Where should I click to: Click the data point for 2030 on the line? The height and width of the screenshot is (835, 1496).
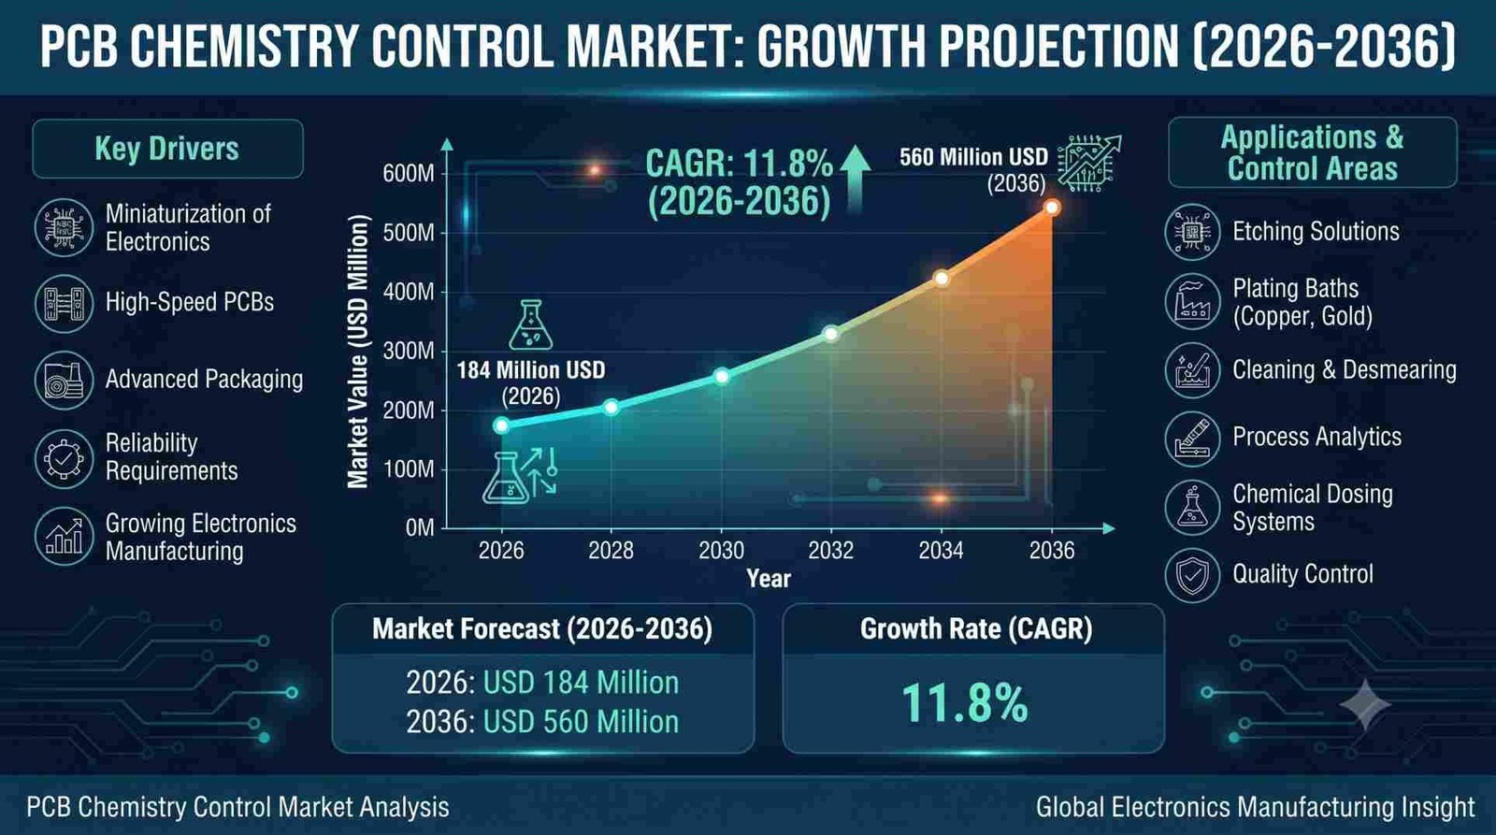(721, 376)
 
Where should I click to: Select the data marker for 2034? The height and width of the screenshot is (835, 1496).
(941, 278)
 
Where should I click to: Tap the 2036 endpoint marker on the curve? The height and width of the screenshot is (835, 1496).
(1052, 207)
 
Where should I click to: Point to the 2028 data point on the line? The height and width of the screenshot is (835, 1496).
(611, 407)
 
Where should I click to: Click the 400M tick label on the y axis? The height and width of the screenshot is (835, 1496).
(409, 292)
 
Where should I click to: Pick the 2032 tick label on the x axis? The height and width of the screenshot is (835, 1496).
(831, 551)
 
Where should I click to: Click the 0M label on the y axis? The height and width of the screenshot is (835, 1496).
(420, 528)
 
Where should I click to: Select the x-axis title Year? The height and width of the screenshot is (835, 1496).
(768, 579)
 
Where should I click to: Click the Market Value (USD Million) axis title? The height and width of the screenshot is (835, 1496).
(359, 352)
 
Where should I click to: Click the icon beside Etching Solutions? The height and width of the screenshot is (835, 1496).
(1192, 232)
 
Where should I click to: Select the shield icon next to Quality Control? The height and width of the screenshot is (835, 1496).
(1192, 575)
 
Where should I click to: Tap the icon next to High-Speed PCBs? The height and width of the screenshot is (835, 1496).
(65, 303)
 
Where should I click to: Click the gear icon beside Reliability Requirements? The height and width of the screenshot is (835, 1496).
(65, 458)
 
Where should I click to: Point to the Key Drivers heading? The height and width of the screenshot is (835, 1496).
(167, 149)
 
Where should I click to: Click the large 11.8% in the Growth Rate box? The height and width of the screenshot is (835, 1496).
(965, 703)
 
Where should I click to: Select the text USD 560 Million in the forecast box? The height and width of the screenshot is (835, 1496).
(581, 722)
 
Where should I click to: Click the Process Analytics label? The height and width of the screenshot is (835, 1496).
(1317, 437)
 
